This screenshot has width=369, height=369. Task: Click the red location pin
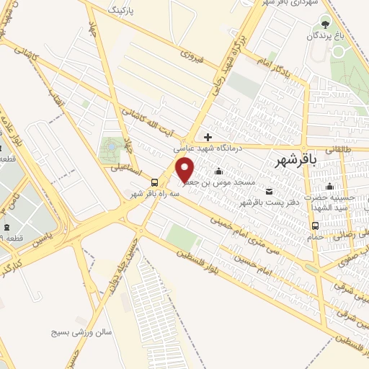[185, 169]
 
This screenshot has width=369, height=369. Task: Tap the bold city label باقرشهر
[296, 163]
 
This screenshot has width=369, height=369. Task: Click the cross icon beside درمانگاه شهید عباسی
[208, 136]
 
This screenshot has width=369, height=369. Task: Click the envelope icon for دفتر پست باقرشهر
[270, 191]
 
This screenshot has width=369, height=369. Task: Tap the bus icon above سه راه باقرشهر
[155, 182]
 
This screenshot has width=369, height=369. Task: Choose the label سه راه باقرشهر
[149, 194]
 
